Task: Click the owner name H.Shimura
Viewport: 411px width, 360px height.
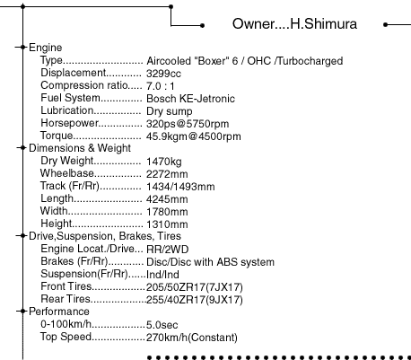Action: pyautogui.click(x=324, y=24)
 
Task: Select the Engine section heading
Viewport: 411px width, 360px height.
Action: pyautogui.click(x=46, y=48)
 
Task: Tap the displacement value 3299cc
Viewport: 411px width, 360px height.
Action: pyautogui.click(x=163, y=74)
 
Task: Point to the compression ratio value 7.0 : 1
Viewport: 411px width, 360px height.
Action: pyautogui.click(x=161, y=86)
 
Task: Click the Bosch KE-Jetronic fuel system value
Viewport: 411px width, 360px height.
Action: pyautogui.click(x=190, y=99)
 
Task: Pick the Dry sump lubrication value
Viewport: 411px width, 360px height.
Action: pyautogui.click(x=170, y=111)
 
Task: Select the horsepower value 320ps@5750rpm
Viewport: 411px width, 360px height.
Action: pyautogui.click(x=188, y=124)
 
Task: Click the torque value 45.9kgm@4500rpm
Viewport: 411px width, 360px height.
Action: pyautogui.click(x=194, y=136)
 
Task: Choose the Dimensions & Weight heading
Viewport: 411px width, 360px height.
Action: pyautogui.click(x=80, y=148)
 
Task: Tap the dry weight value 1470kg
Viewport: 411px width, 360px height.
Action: pyautogui.click(x=164, y=162)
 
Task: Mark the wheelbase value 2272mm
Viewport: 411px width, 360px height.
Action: pyautogui.click(x=167, y=174)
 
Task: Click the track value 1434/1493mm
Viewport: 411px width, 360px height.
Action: pyautogui.click(x=180, y=187)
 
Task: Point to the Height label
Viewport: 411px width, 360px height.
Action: pyautogui.click(x=57, y=224)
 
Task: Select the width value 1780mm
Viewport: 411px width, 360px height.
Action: pyautogui.click(x=167, y=212)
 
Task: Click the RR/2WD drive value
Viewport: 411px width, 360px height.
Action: pyautogui.click(x=168, y=250)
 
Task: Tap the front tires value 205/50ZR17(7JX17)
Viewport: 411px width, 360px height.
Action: pyautogui.click(x=195, y=287)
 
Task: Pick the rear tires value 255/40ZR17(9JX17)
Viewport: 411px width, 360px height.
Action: pyautogui.click(x=195, y=300)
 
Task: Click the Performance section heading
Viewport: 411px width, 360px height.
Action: pyautogui.click(x=59, y=312)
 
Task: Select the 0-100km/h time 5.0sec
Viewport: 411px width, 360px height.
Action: pyautogui.click(x=162, y=325)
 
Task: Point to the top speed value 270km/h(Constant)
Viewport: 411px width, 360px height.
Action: pyautogui.click(x=192, y=338)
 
